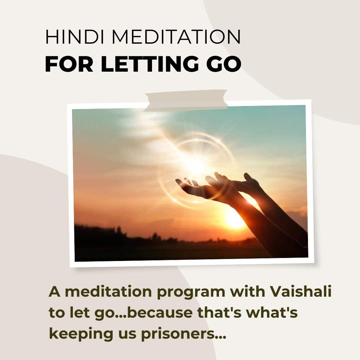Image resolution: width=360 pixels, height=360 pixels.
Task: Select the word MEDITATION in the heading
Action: (x=176, y=37)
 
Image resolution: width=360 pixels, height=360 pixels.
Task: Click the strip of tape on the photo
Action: (x=186, y=101)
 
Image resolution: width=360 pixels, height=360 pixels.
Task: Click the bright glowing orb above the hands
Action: (x=196, y=166)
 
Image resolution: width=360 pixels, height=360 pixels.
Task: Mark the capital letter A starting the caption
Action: (x=55, y=292)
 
